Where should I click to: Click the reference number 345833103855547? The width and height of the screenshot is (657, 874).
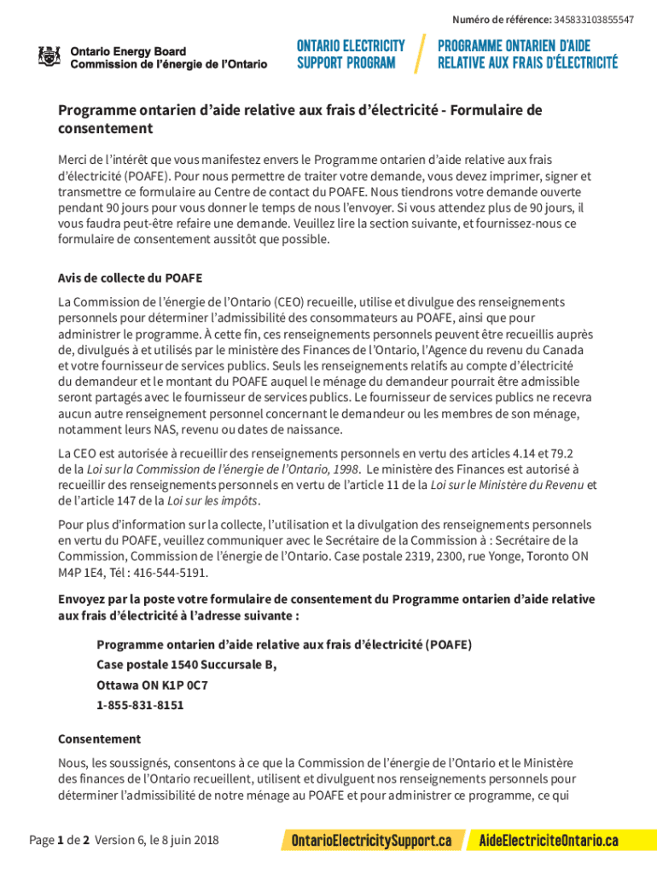(594, 20)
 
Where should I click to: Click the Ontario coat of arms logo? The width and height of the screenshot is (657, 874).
(49, 57)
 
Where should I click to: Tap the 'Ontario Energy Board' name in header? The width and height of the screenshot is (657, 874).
(128, 51)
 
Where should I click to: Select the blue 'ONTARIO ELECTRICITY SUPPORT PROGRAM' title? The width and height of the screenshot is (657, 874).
(351, 54)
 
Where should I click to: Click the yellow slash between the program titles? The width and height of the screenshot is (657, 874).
(420, 54)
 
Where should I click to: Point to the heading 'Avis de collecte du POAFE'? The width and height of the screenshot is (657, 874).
(130, 278)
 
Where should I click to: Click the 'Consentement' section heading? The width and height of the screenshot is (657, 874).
(99, 739)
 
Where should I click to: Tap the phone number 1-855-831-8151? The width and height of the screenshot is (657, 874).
(140, 706)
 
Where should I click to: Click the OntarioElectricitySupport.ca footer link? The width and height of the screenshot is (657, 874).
(372, 841)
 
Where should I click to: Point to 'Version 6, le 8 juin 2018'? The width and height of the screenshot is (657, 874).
(157, 841)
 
